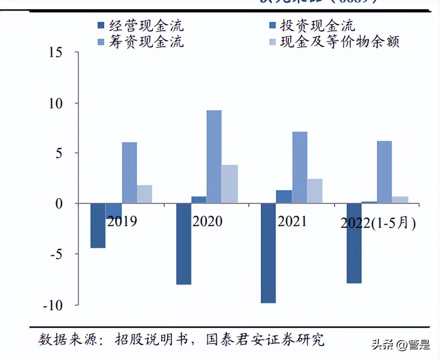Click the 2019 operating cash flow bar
98,225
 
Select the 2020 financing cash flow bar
214,156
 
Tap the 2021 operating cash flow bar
268,253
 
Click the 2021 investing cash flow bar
284,196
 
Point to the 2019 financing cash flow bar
129,172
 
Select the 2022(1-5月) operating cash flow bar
354,243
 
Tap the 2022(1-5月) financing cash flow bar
384,172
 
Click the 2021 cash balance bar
315,191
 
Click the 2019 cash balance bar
144,194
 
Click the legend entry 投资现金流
318,26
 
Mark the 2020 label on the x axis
207,221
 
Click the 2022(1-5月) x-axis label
378,223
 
